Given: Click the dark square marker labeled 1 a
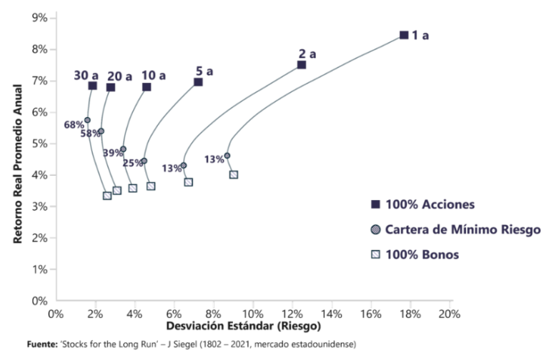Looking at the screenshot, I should (x=404, y=35).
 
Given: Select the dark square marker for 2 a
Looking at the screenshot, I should (x=302, y=65).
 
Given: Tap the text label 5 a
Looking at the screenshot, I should (x=205, y=71).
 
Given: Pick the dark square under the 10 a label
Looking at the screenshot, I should (x=147, y=87).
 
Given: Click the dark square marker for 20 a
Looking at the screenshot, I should (x=111, y=87).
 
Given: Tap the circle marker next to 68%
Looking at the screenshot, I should (x=87, y=121).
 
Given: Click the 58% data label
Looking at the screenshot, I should (x=90, y=134).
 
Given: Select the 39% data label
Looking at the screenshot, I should (x=112, y=153).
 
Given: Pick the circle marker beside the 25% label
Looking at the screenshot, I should (x=144, y=161).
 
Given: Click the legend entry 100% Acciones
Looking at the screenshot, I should (x=429, y=204).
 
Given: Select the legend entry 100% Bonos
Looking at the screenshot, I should (x=421, y=254).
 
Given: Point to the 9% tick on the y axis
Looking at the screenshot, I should (x=39, y=18).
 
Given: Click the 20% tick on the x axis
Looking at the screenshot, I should (x=449, y=314).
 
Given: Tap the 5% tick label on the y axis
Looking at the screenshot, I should (x=39, y=144).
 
